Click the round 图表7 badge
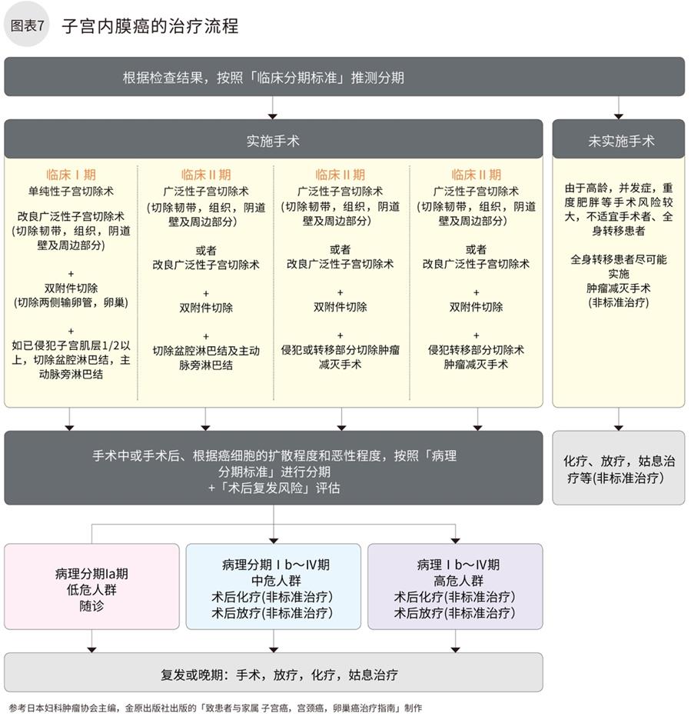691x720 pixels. point(27,25)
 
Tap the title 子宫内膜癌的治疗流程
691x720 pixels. point(150,26)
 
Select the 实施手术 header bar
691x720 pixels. point(273,141)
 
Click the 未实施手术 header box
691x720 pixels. point(618,141)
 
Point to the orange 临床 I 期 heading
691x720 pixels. point(71,175)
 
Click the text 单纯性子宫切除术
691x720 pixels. point(71,191)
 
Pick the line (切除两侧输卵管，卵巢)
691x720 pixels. point(71,302)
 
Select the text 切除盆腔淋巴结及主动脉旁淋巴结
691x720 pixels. point(206,358)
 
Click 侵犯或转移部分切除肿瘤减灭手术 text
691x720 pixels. point(341,357)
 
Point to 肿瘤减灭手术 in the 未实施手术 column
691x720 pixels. point(618,288)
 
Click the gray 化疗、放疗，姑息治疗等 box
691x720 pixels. point(618,468)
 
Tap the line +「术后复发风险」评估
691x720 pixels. point(274,488)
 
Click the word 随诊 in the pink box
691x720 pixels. point(91,606)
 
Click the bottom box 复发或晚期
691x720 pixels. point(273,675)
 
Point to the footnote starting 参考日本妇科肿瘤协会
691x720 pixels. point(215,708)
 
